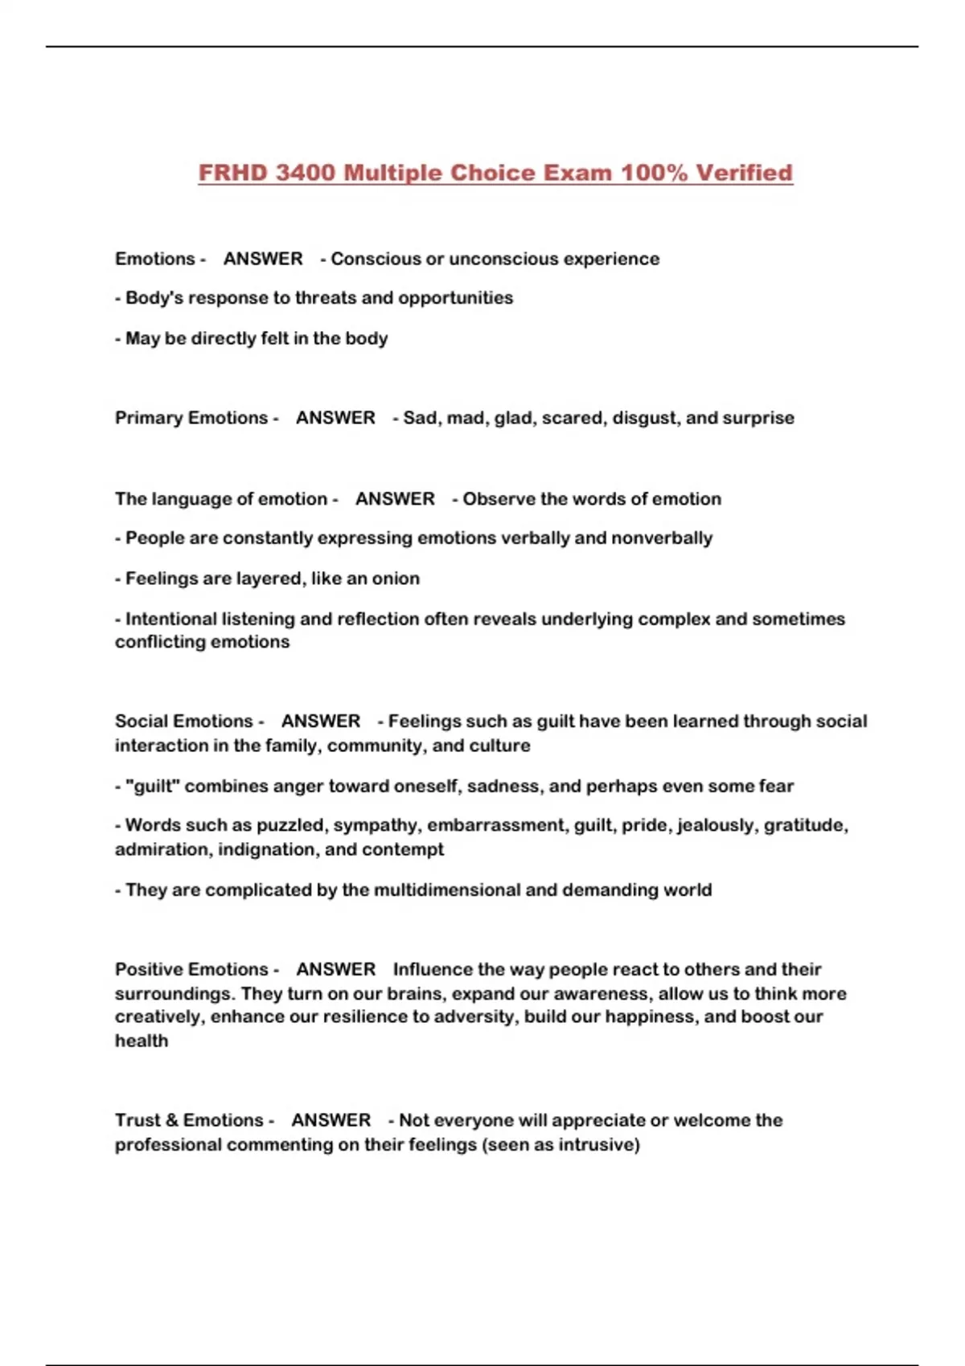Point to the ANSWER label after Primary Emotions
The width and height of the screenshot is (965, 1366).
335,418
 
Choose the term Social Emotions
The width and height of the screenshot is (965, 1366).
184,721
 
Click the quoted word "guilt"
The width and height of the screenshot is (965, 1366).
152,786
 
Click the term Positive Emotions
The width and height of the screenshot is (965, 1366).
191,969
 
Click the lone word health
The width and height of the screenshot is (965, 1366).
142,1041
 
